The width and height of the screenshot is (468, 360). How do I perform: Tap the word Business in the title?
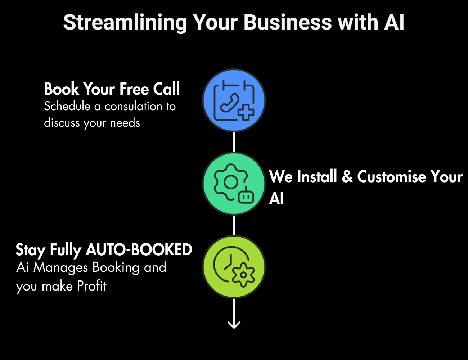tap(288, 22)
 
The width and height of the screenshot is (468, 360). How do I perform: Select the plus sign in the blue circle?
tap(246, 112)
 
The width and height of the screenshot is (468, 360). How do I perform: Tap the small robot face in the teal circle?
tap(246, 195)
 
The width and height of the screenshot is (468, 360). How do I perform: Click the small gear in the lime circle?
tap(243, 275)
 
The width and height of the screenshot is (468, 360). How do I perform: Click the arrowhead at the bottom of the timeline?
tap(234, 325)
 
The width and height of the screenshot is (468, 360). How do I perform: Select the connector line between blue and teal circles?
tap(234, 142)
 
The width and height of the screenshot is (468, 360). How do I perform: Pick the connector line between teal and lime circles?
tap(234, 225)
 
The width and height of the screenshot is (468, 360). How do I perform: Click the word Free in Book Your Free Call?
tap(134, 89)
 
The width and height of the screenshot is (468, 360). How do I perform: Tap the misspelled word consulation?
tap(134, 106)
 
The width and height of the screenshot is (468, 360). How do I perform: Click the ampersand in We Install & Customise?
tap(347, 176)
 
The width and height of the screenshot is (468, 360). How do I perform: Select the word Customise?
tap(392, 176)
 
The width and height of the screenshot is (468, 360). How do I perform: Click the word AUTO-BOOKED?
tap(139, 249)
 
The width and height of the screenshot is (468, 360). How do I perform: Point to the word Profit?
tap(92, 286)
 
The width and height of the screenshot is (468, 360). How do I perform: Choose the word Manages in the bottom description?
tap(60, 267)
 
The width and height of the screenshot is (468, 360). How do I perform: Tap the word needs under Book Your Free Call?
tap(125, 123)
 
